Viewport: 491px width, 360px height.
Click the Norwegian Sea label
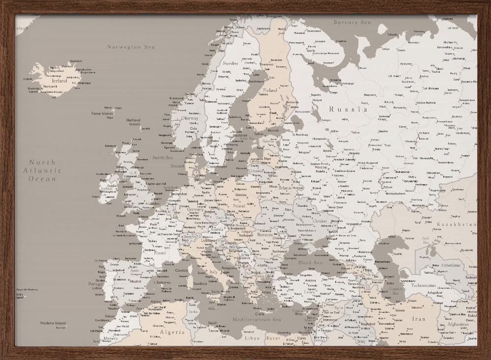point(130,47)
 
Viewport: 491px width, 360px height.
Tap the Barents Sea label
point(352,22)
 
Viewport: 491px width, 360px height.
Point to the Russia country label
point(348,110)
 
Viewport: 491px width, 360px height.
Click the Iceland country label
point(59,81)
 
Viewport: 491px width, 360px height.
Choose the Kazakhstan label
point(456,224)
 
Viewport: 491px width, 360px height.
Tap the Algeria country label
point(172,332)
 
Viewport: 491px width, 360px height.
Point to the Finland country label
point(270,90)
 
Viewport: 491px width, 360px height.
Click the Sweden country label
point(230,63)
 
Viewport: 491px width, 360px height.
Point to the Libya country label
point(252,338)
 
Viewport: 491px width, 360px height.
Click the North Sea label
point(162,158)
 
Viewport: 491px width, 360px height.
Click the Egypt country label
point(273,338)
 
